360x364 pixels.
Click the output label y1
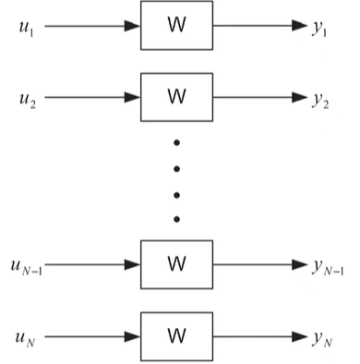click(x=319, y=28)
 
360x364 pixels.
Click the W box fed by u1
click(x=176, y=26)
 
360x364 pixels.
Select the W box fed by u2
click(x=176, y=94)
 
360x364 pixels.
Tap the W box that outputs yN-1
click(x=176, y=263)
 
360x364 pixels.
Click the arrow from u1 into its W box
click(x=92, y=26)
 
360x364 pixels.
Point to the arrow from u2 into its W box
click(x=92, y=94)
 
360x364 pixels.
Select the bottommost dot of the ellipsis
click(x=176, y=219)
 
